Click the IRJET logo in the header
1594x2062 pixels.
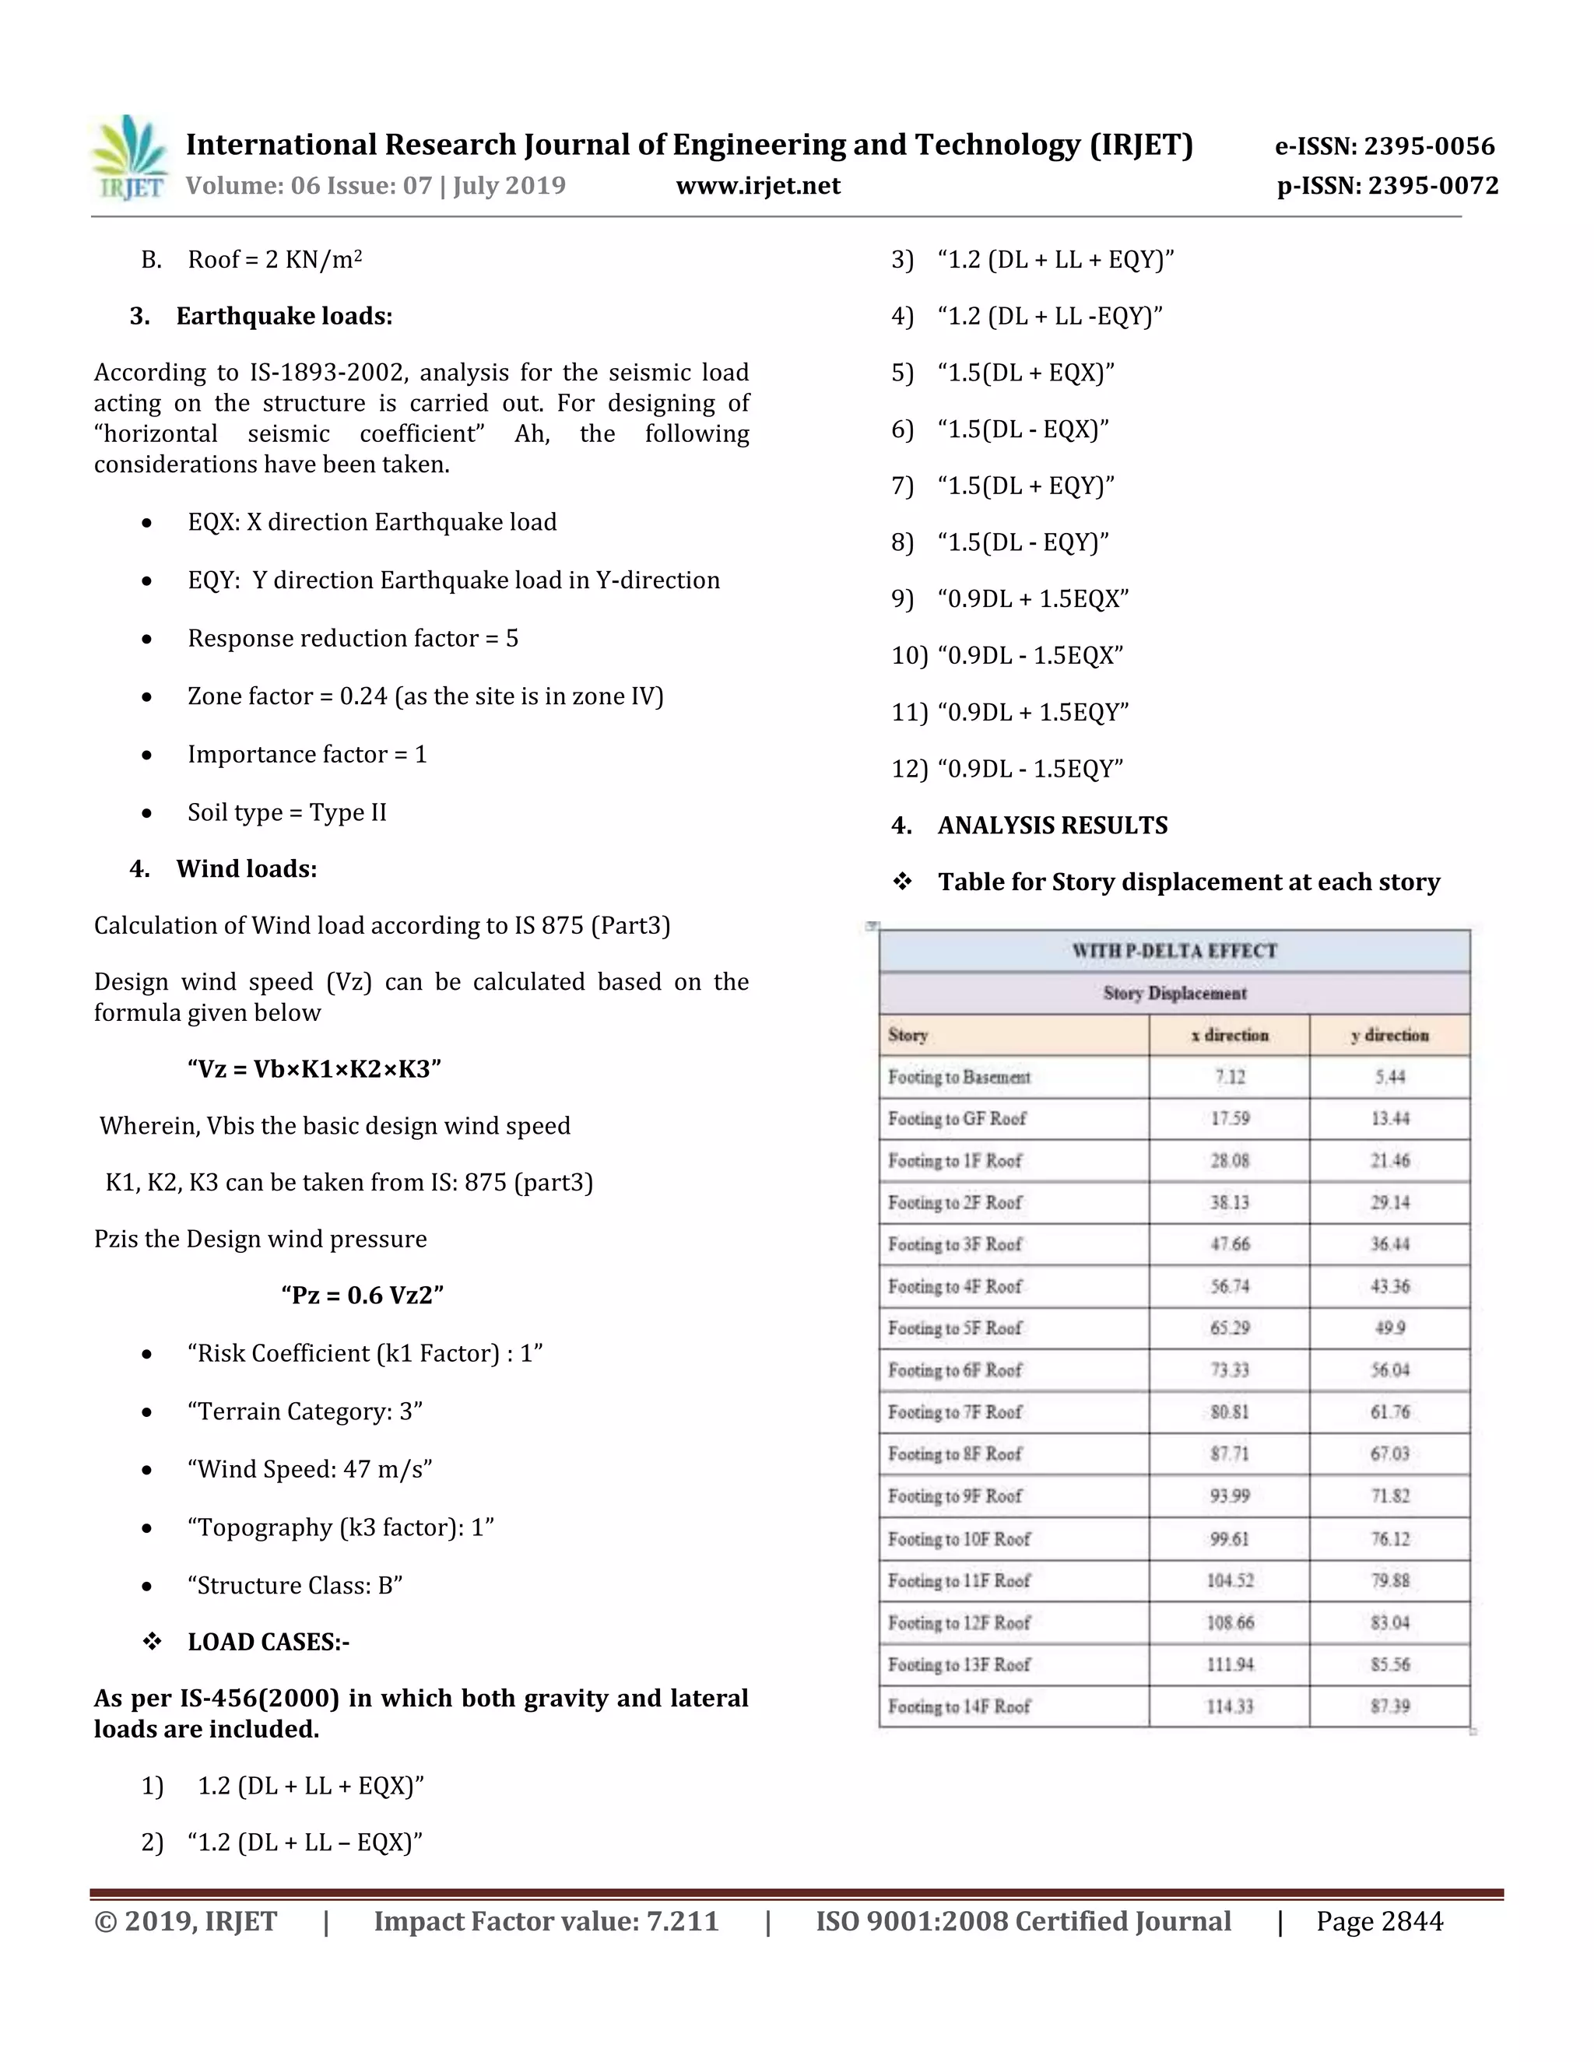[130, 159]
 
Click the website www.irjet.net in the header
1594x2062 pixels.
[757, 186]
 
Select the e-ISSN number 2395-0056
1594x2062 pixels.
[1385, 146]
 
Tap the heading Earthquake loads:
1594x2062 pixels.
[283, 316]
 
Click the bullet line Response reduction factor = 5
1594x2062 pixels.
[353, 638]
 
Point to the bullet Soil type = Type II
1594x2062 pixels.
[286, 813]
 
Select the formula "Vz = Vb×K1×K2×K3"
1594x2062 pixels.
[314, 1069]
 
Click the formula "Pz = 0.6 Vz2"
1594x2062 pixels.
[363, 1295]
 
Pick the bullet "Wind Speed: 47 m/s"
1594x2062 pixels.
[309, 1469]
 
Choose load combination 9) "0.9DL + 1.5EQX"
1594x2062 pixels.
[1032, 599]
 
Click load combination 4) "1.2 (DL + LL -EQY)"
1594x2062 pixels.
[1049, 316]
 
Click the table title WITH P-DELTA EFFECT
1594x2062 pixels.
[1174, 951]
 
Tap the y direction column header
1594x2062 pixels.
[1389, 1035]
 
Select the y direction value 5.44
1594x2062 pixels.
[1389, 1077]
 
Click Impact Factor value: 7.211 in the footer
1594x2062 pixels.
[546, 1922]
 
